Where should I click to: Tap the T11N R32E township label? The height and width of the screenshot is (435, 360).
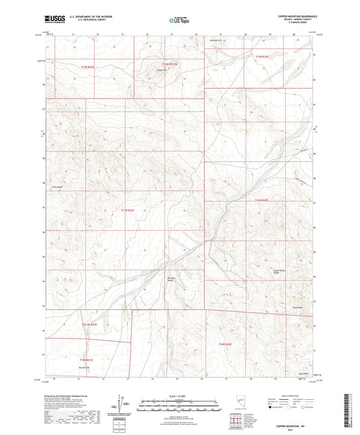tap(262, 200)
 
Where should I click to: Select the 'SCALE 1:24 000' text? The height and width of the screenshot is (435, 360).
tap(179, 395)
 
